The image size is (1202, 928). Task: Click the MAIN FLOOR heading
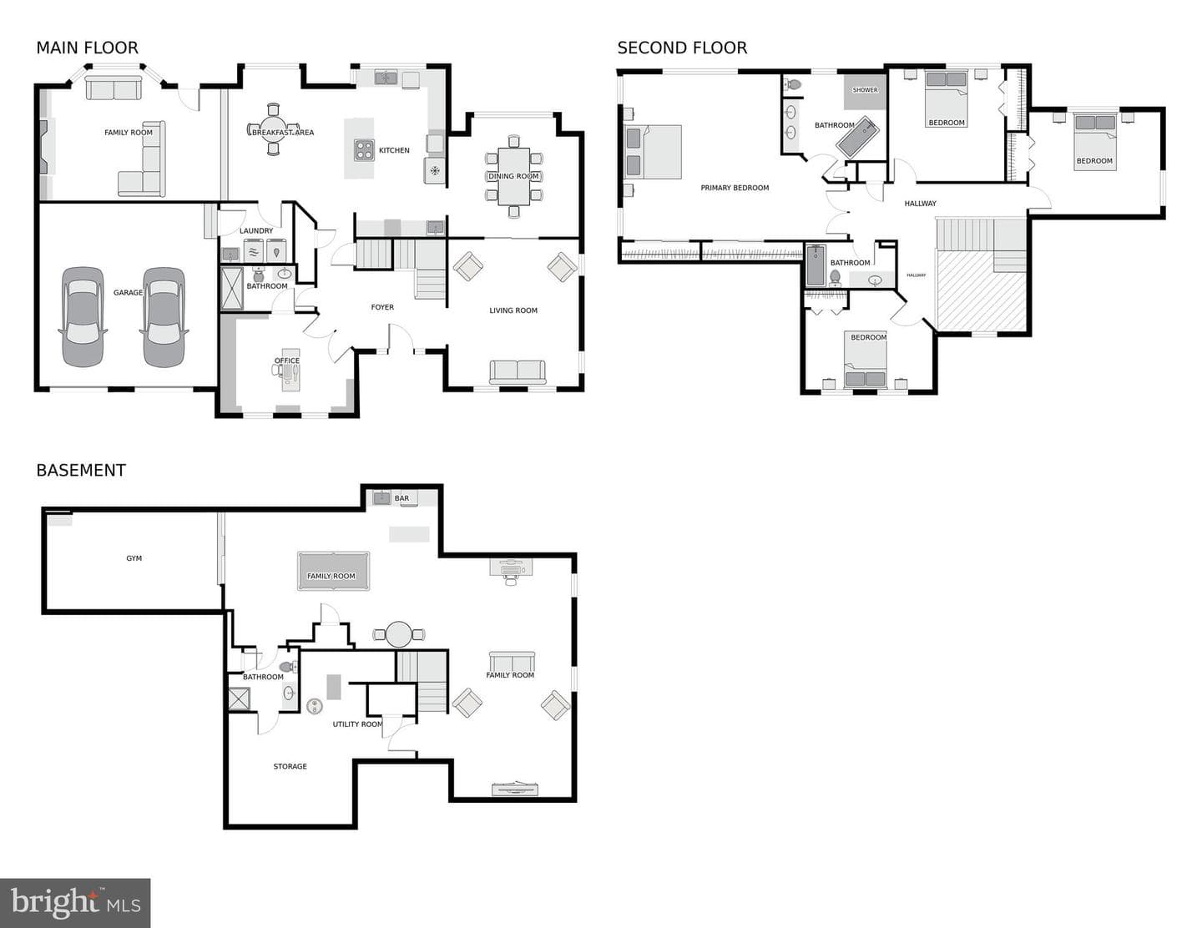pyautogui.click(x=87, y=48)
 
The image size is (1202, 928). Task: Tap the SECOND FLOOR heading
pyautogui.click(x=682, y=48)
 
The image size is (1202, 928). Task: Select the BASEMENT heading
pyautogui.click(x=81, y=470)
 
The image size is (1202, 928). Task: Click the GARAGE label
pyautogui.click(x=128, y=293)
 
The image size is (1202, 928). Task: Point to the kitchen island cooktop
pyautogui.click(x=364, y=150)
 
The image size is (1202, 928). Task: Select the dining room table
pyautogui.click(x=513, y=176)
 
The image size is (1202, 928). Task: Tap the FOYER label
pyautogui.click(x=382, y=307)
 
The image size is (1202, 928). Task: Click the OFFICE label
pyautogui.click(x=286, y=361)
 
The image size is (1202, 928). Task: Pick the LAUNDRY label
pyautogui.click(x=256, y=230)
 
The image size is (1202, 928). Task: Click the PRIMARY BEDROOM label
pyautogui.click(x=735, y=188)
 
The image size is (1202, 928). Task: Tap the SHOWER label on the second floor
pyautogui.click(x=865, y=90)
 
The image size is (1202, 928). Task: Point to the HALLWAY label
pyautogui.click(x=921, y=204)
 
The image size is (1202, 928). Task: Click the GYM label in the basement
pyautogui.click(x=134, y=558)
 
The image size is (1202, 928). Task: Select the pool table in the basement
pyautogui.click(x=334, y=572)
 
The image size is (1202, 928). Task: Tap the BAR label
pyautogui.click(x=402, y=498)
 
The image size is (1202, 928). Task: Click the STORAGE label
pyautogui.click(x=290, y=766)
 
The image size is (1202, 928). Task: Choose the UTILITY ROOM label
pyautogui.click(x=357, y=724)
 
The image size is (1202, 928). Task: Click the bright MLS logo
pyautogui.click(x=75, y=903)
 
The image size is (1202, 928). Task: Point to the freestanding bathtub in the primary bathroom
pyautogui.click(x=856, y=137)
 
